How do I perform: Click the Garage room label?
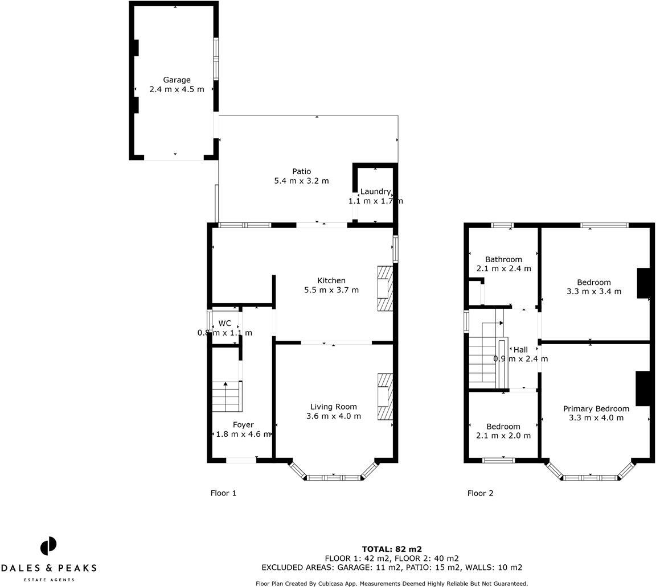coord(177,80)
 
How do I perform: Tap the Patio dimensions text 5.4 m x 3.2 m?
coord(301,181)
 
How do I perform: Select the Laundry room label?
coord(375,192)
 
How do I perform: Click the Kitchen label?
coord(331,280)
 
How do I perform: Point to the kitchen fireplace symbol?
coord(385,288)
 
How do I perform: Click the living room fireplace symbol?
coord(385,396)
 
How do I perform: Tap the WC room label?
coord(225,323)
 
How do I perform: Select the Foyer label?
coord(243,425)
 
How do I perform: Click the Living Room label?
coord(333,407)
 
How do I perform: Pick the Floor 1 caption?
coord(223,493)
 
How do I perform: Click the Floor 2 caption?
coord(480,493)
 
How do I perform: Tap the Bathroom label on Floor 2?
coord(503,259)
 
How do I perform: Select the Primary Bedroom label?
coord(596,408)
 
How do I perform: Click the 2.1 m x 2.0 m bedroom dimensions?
coord(503,436)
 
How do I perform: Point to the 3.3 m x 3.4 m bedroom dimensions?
coord(593,291)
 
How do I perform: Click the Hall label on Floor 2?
coord(520,350)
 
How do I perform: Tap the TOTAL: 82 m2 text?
coord(392,549)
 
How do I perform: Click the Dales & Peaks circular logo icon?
coord(48,546)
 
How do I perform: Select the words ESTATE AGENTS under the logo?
coord(48,580)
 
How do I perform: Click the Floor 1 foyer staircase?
coord(227,396)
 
